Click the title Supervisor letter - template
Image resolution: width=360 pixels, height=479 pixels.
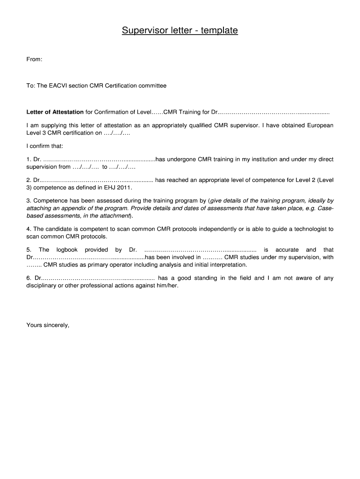coord(180,31)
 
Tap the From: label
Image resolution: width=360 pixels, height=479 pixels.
coord(35,59)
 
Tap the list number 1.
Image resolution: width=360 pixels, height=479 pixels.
coord(29,160)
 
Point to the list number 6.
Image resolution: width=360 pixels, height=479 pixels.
coord(29,278)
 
